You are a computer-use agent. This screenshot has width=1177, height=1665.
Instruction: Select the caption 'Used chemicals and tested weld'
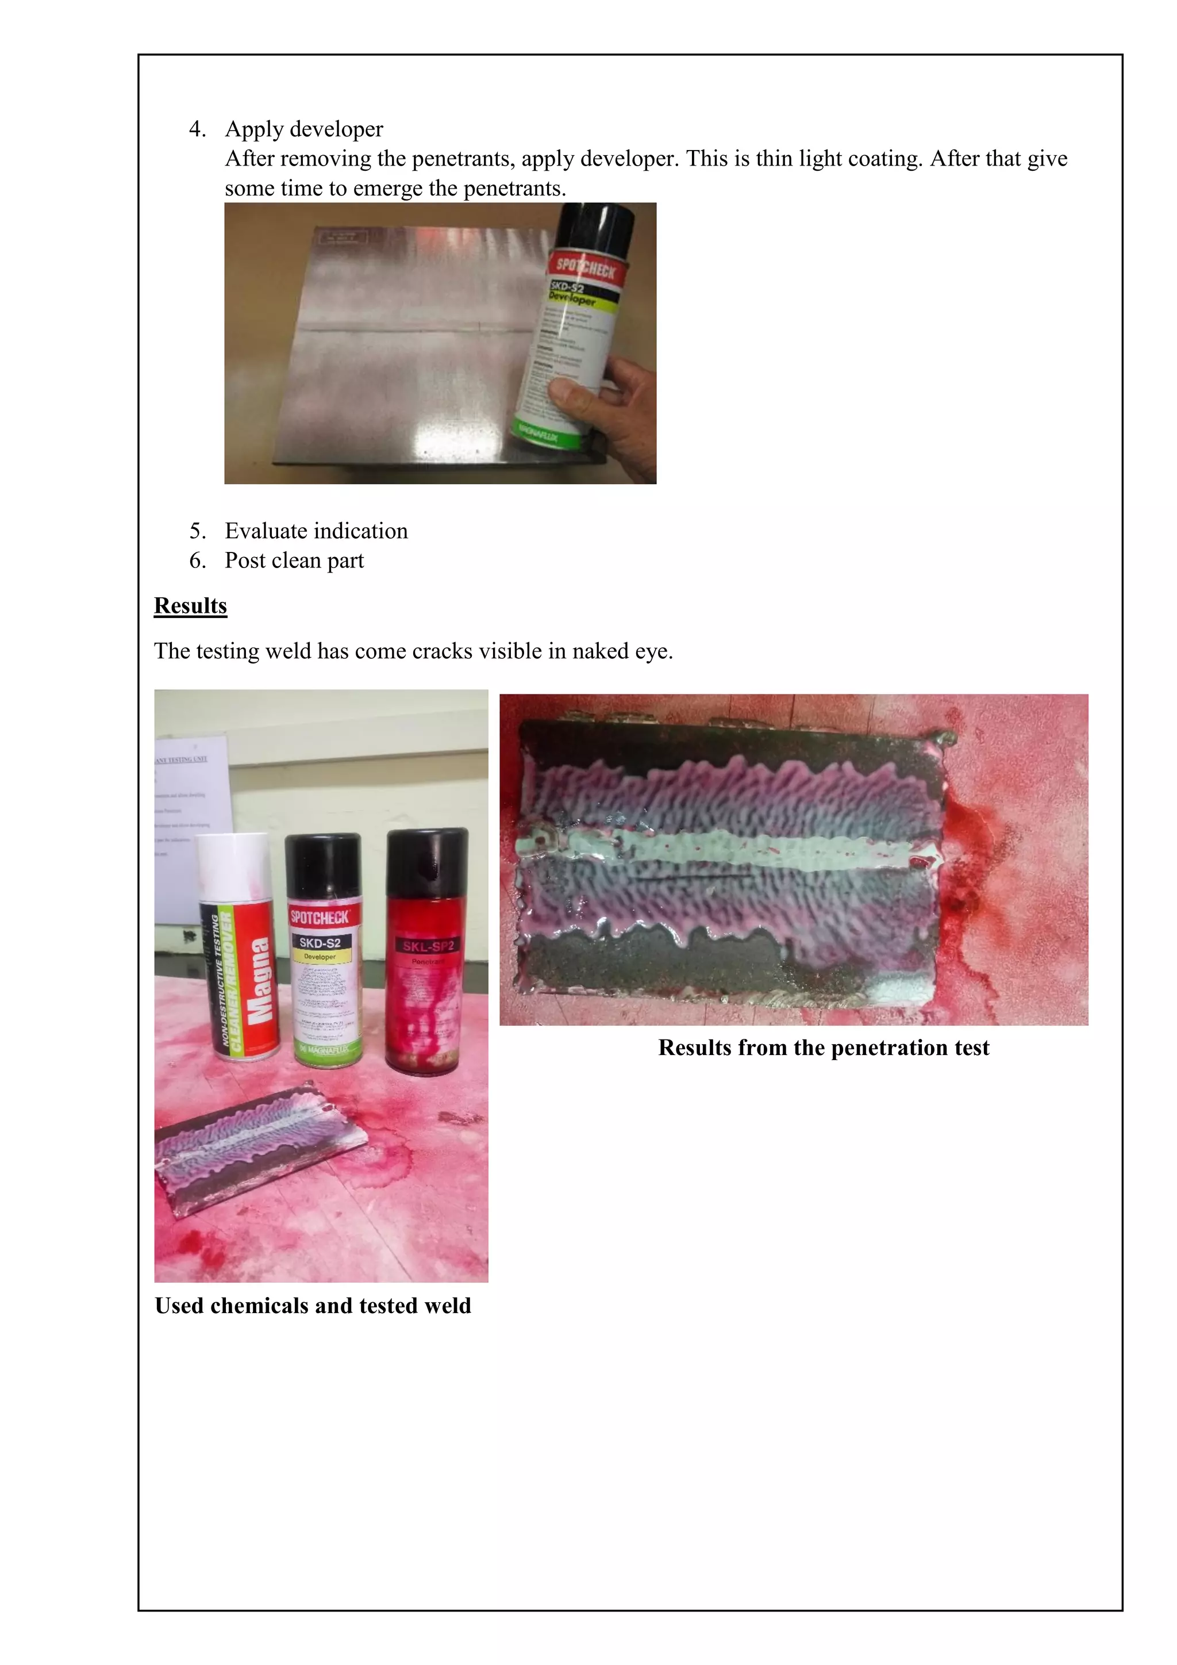313,1305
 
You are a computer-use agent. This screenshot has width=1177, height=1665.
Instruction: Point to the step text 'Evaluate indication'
316,531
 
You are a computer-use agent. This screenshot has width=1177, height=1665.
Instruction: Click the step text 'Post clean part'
294,561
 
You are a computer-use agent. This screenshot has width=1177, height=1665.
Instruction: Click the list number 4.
197,129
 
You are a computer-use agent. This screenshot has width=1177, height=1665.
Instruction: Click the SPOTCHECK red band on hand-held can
585,268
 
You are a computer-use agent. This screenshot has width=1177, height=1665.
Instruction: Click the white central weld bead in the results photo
725,849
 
